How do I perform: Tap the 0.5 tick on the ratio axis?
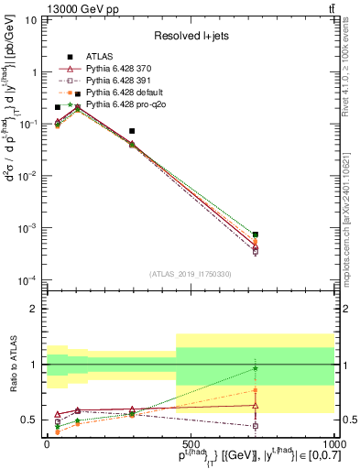33,420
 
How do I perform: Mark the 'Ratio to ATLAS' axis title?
12,365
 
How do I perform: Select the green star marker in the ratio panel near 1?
256,368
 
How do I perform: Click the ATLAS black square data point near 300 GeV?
132,131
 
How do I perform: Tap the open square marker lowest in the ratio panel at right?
256,426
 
